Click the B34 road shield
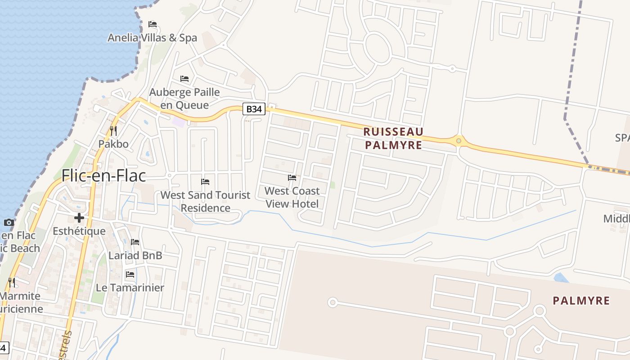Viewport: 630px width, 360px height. (x=254, y=108)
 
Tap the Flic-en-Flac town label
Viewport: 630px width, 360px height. (x=103, y=175)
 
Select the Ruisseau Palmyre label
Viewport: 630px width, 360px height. (x=393, y=138)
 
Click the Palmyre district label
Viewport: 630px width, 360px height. (x=581, y=301)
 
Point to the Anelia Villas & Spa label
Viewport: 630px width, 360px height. (x=152, y=38)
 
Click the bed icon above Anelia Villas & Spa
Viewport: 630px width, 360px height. (x=153, y=24)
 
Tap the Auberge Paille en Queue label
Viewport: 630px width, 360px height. (x=184, y=99)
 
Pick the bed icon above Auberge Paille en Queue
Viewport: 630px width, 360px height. (x=184, y=79)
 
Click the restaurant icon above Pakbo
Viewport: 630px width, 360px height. (x=113, y=131)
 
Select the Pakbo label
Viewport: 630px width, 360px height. (x=113, y=144)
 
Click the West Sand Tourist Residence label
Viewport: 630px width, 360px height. (x=205, y=201)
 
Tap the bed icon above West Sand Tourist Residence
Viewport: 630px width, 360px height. (x=205, y=182)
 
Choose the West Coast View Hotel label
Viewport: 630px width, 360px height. (x=292, y=197)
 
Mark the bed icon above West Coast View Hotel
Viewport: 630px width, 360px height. (x=292, y=178)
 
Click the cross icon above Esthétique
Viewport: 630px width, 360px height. (x=79, y=218)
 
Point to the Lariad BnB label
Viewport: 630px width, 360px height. (x=135, y=255)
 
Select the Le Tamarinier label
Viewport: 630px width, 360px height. (x=130, y=288)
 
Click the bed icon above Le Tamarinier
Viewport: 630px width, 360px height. (x=130, y=274)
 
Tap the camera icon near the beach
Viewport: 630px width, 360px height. (x=9, y=222)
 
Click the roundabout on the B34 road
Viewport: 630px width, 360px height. (x=459, y=141)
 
